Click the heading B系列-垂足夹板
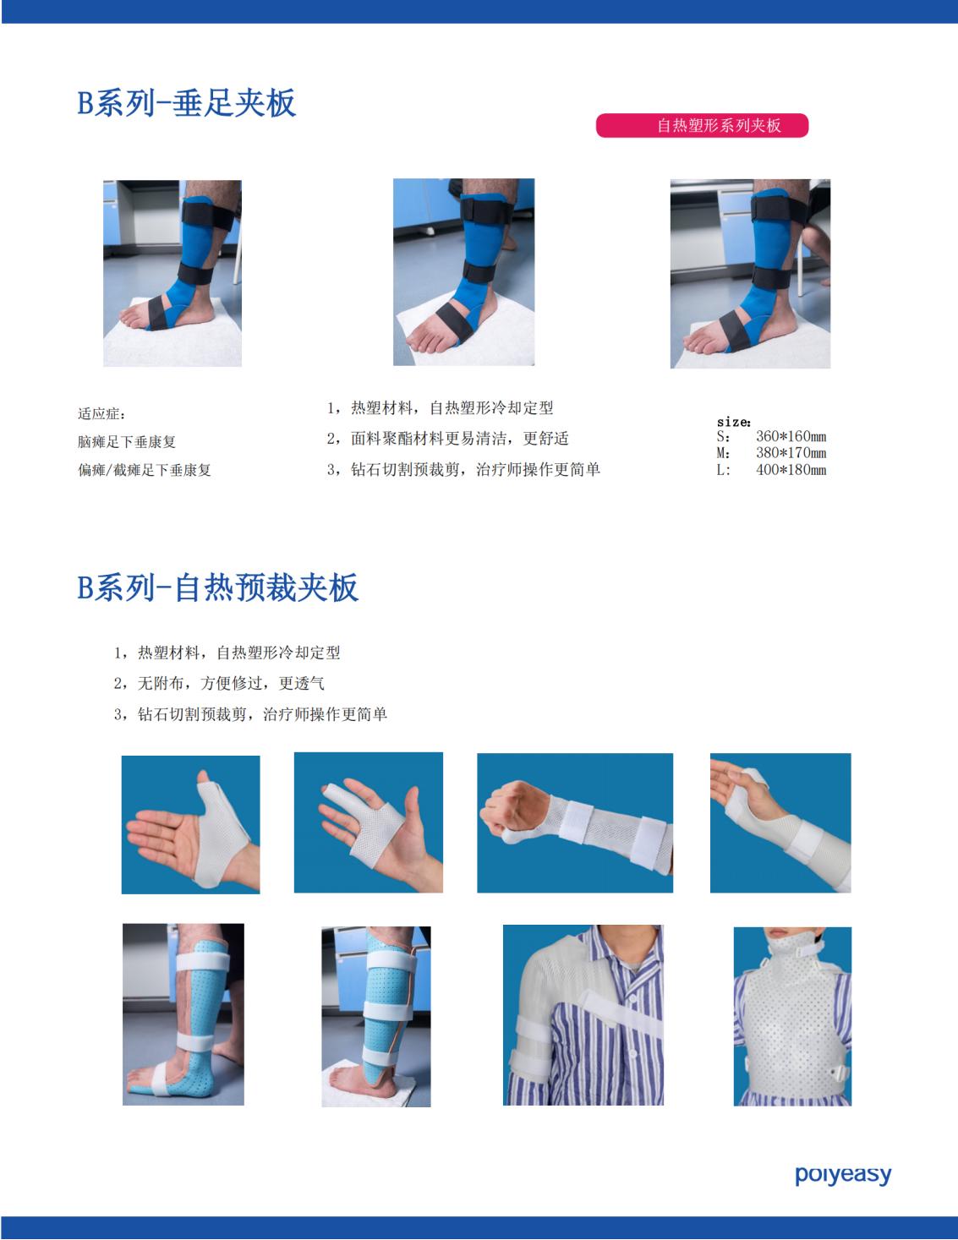(187, 103)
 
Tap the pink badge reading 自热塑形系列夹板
(702, 126)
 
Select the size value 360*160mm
(791, 436)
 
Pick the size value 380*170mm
(791, 453)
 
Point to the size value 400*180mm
(791, 470)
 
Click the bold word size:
(734, 423)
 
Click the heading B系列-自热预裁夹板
(218, 587)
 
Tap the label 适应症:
(101, 413)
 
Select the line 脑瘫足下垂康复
(127, 442)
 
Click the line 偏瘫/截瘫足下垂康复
(145, 470)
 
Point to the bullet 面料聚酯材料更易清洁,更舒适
(448, 438)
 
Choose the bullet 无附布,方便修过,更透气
(219, 683)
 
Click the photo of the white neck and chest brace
(792, 1016)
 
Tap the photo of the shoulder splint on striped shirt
(583, 1015)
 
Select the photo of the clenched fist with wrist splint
(575, 822)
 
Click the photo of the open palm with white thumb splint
(190, 825)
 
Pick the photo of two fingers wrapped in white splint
(369, 822)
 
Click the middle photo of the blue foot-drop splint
(464, 272)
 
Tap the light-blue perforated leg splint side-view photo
(183, 1014)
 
